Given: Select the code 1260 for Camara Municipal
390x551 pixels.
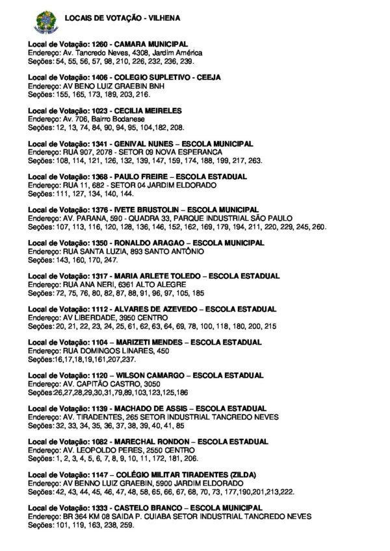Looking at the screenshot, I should click(x=90, y=43).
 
